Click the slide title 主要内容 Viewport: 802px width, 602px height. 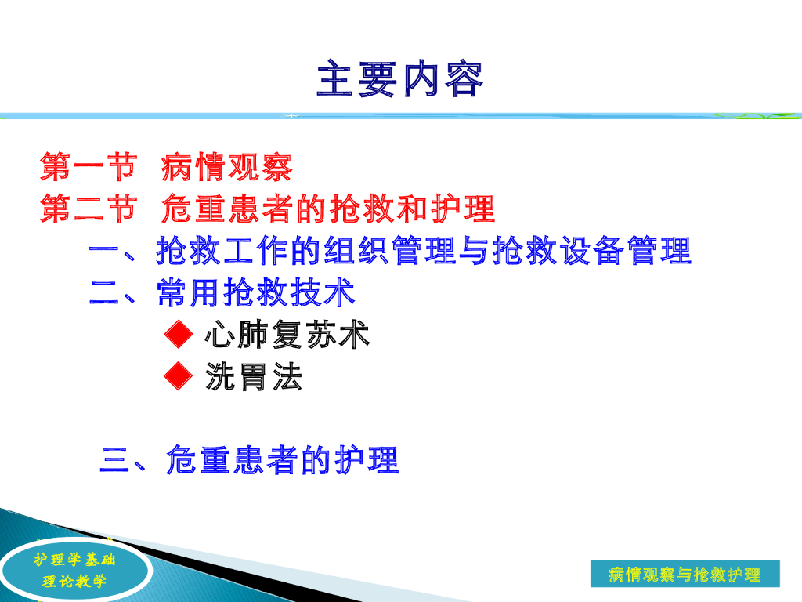click(400, 79)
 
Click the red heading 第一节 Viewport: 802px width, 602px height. click(89, 167)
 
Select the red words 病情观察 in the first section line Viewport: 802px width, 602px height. click(226, 167)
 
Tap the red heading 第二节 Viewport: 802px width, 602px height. click(89, 209)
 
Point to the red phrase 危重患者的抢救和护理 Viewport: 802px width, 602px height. click(328, 209)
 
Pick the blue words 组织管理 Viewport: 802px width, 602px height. click(390, 251)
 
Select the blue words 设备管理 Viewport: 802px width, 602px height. click(626, 251)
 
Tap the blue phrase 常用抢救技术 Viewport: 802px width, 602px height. click(256, 293)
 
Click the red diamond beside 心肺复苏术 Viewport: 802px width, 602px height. click(179, 334)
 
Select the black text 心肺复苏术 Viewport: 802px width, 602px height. click(287, 334)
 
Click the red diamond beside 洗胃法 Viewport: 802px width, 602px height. click(179, 376)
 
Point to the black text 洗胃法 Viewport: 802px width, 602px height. click(254, 377)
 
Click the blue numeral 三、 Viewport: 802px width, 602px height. click(123, 459)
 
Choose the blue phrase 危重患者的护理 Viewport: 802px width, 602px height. click(282, 459)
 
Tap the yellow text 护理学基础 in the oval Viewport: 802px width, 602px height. click(74, 560)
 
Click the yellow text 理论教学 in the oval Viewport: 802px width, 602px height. click(74, 581)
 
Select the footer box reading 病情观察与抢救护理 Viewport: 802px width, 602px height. click(685, 574)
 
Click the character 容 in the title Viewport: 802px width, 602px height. click(464, 79)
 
